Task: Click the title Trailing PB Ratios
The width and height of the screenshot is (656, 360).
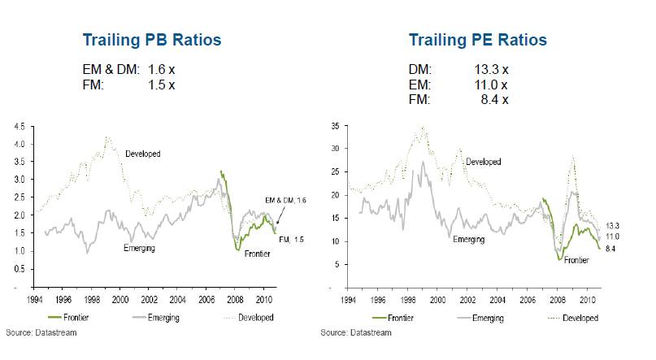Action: pyautogui.click(x=153, y=40)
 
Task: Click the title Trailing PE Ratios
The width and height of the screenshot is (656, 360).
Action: pyautogui.click(x=477, y=40)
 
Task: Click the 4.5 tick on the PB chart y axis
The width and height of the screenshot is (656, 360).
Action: pyautogui.click(x=19, y=126)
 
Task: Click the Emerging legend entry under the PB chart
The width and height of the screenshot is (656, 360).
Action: pyautogui.click(x=161, y=316)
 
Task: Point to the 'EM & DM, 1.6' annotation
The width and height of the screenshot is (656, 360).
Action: pyautogui.click(x=287, y=200)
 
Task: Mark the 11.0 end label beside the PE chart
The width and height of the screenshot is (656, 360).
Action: pyautogui.click(x=612, y=236)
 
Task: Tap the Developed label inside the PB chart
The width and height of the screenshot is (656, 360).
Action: pyautogui.click(x=143, y=152)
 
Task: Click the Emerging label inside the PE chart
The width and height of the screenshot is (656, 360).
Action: pyautogui.click(x=468, y=240)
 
